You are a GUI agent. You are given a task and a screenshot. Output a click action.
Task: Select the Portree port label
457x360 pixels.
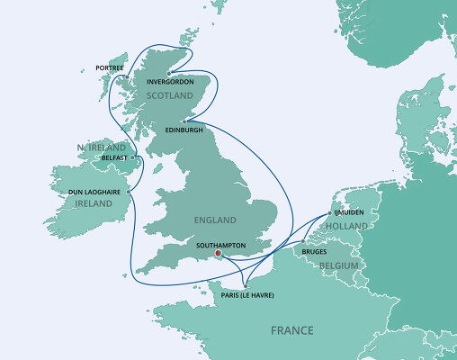110,67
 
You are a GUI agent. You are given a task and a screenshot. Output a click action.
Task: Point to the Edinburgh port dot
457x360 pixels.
183,121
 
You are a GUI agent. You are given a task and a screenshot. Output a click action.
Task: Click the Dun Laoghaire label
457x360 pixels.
94,192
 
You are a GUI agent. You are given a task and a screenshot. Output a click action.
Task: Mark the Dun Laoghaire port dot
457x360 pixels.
130,191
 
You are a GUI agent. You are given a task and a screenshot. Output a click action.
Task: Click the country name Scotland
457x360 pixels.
170,94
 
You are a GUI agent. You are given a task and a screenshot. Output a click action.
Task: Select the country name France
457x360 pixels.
292,330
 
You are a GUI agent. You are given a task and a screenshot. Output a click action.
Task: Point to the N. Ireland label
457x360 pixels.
99,146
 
